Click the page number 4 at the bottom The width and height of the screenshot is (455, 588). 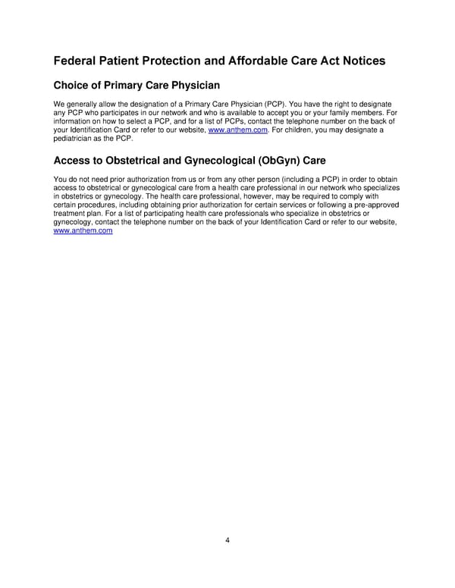(227, 540)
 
